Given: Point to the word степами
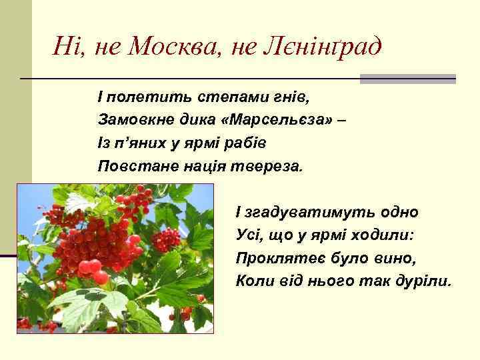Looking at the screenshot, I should coord(227,99).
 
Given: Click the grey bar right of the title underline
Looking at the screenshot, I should coord(407,79).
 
